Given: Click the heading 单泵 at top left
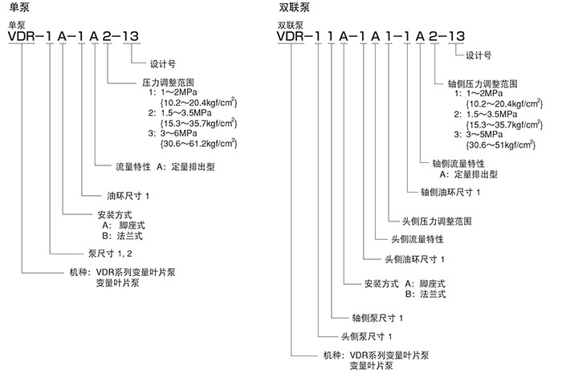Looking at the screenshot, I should click(14, 7).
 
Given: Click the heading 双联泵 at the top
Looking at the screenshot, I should click(292, 7).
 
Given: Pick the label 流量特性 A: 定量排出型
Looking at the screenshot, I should click(165, 169).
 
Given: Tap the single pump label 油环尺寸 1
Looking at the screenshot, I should click(129, 195).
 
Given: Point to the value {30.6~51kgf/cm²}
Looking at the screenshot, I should click(501, 144).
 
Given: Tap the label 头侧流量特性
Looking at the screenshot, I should click(417, 239).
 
